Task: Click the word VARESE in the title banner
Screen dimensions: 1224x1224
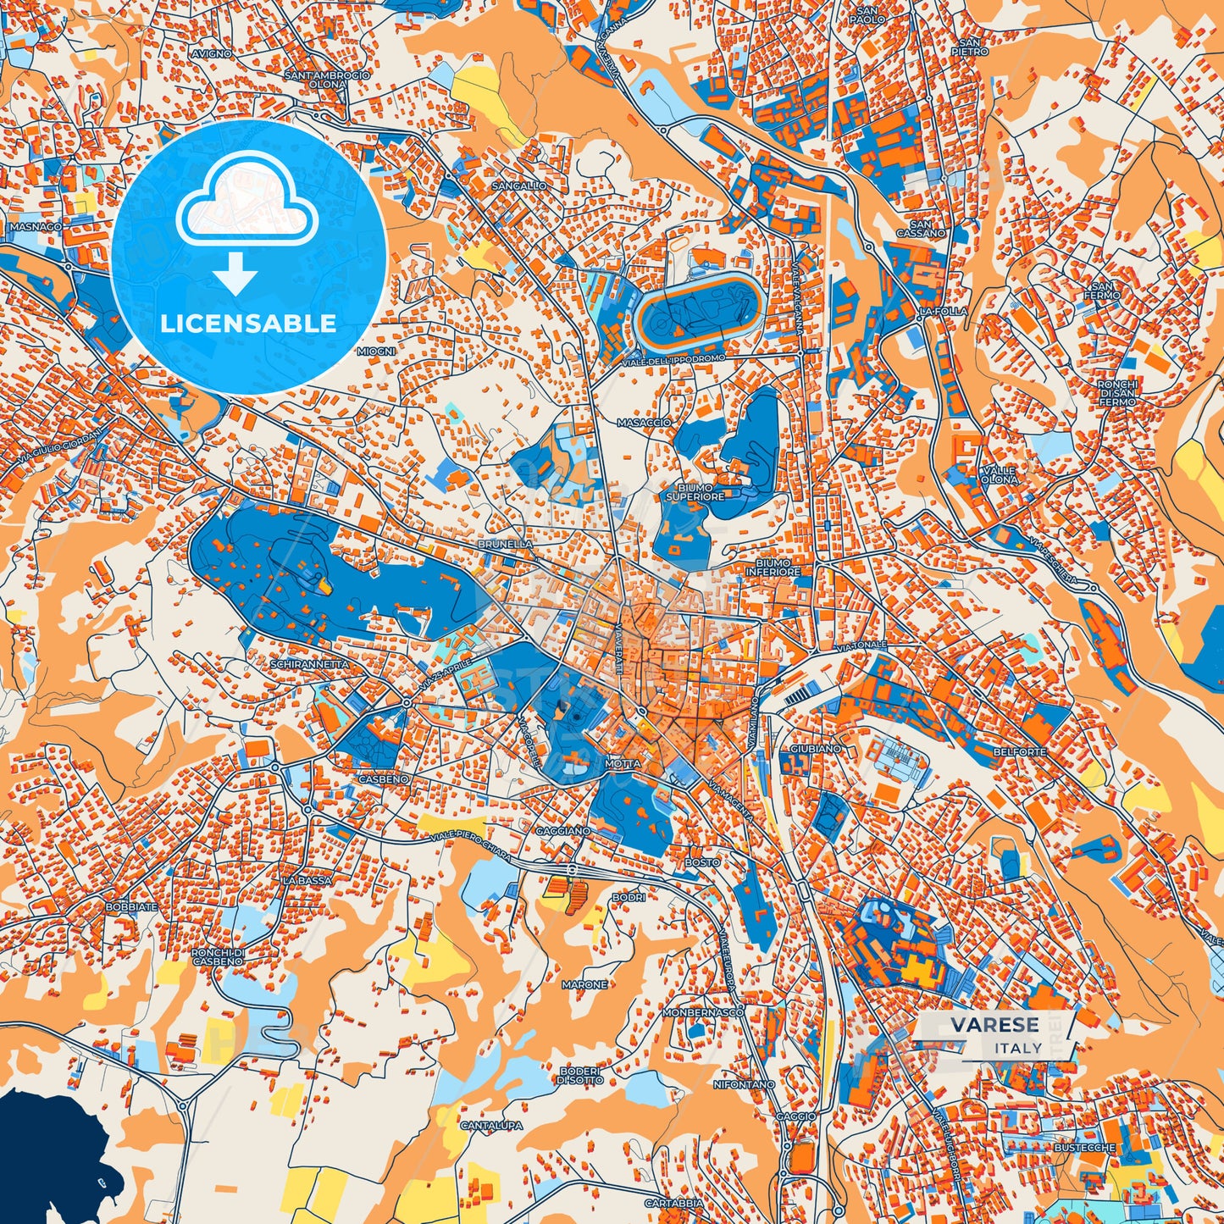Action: pyautogui.click(x=994, y=1025)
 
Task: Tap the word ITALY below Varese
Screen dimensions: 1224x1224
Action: pyautogui.click(x=1018, y=1048)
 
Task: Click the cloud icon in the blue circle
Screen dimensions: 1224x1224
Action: pyautogui.click(x=246, y=203)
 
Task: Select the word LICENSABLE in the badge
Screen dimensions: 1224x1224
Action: pyautogui.click(x=249, y=324)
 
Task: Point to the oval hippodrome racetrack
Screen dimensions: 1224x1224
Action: pyautogui.click(x=700, y=310)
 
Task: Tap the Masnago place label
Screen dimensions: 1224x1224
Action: pyautogui.click(x=36, y=227)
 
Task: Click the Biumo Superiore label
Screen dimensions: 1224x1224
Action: pyautogui.click(x=695, y=492)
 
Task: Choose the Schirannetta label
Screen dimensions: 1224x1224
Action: pyautogui.click(x=309, y=665)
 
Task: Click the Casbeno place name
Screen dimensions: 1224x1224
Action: pyautogui.click(x=383, y=778)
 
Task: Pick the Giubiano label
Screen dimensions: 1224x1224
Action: pyautogui.click(x=816, y=749)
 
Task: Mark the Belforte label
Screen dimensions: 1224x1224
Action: pyautogui.click(x=1020, y=751)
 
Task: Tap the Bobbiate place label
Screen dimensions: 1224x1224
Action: pyautogui.click(x=131, y=906)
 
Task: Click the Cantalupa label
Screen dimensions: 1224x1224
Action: pyautogui.click(x=491, y=1127)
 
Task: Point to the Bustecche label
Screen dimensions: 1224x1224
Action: pyautogui.click(x=1085, y=1148)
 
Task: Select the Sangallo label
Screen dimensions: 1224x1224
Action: pyautogui.click(x=518, y=186)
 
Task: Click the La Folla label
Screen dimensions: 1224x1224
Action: pyautogui.click(x=943, y=312)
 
